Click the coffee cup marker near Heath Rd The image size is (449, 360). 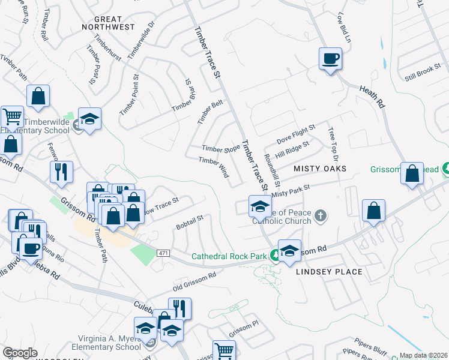(330, 59)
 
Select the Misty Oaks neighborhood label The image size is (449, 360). (320, 169)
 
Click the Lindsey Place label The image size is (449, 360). (330, 272)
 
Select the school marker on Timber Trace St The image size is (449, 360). (260, 206)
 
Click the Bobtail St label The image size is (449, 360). (190, 222)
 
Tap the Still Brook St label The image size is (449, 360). (423, 73)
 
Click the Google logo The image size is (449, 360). (20, 353)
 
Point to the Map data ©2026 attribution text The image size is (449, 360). (424, 355)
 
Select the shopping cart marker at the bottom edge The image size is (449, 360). (224, 351)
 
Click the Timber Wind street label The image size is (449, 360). (214, 167)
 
